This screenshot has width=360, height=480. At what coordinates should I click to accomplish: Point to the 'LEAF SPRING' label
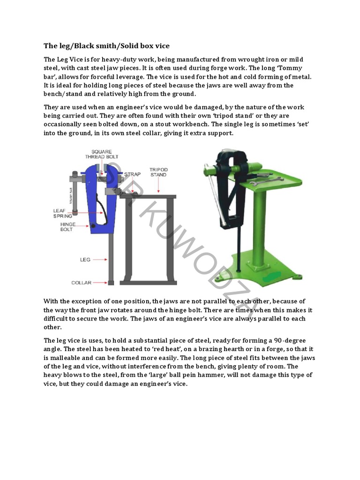click(x=63, y=213)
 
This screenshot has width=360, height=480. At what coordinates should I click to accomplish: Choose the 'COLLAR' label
click(x=81, y=283)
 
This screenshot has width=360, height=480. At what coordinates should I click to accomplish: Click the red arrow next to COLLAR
click(x=99, y=283)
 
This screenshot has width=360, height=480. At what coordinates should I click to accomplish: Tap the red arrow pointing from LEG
click(x=100, y=259)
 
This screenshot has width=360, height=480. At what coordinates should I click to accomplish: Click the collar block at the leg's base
click(x=111, y=283)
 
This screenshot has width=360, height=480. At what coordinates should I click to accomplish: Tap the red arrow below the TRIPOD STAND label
click(x=159, y=186)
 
